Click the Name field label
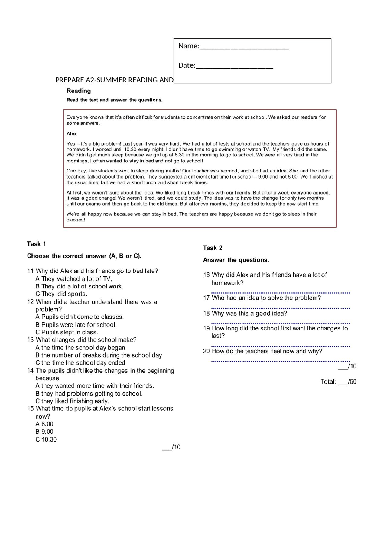pos(188,46)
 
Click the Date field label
pos(187,65)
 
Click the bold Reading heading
pos(79,91)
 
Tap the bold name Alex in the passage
pos(72,134)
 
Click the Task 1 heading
pos(36,244)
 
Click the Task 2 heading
pos(213,248)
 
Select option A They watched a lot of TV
pos(73,279)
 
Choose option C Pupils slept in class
pos(67,332)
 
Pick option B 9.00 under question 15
pos(44,432)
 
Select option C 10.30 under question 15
pos(46,439)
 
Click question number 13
pos(30,340)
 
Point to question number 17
pos(207,298)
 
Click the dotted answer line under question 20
pos(280,361)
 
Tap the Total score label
pos(328,382)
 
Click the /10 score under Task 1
pos(172,447)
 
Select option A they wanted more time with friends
pos(95,386)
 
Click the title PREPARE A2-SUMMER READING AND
pos(114,80)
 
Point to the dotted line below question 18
pos(280,323)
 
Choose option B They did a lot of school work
pos(79,286)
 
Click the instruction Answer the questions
pos(236,260)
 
